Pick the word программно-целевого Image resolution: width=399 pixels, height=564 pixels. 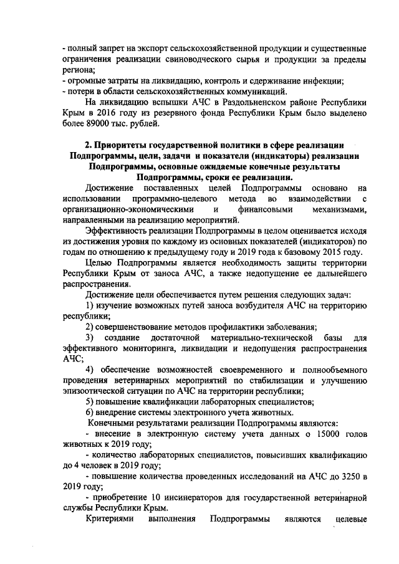tap(165, 199)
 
